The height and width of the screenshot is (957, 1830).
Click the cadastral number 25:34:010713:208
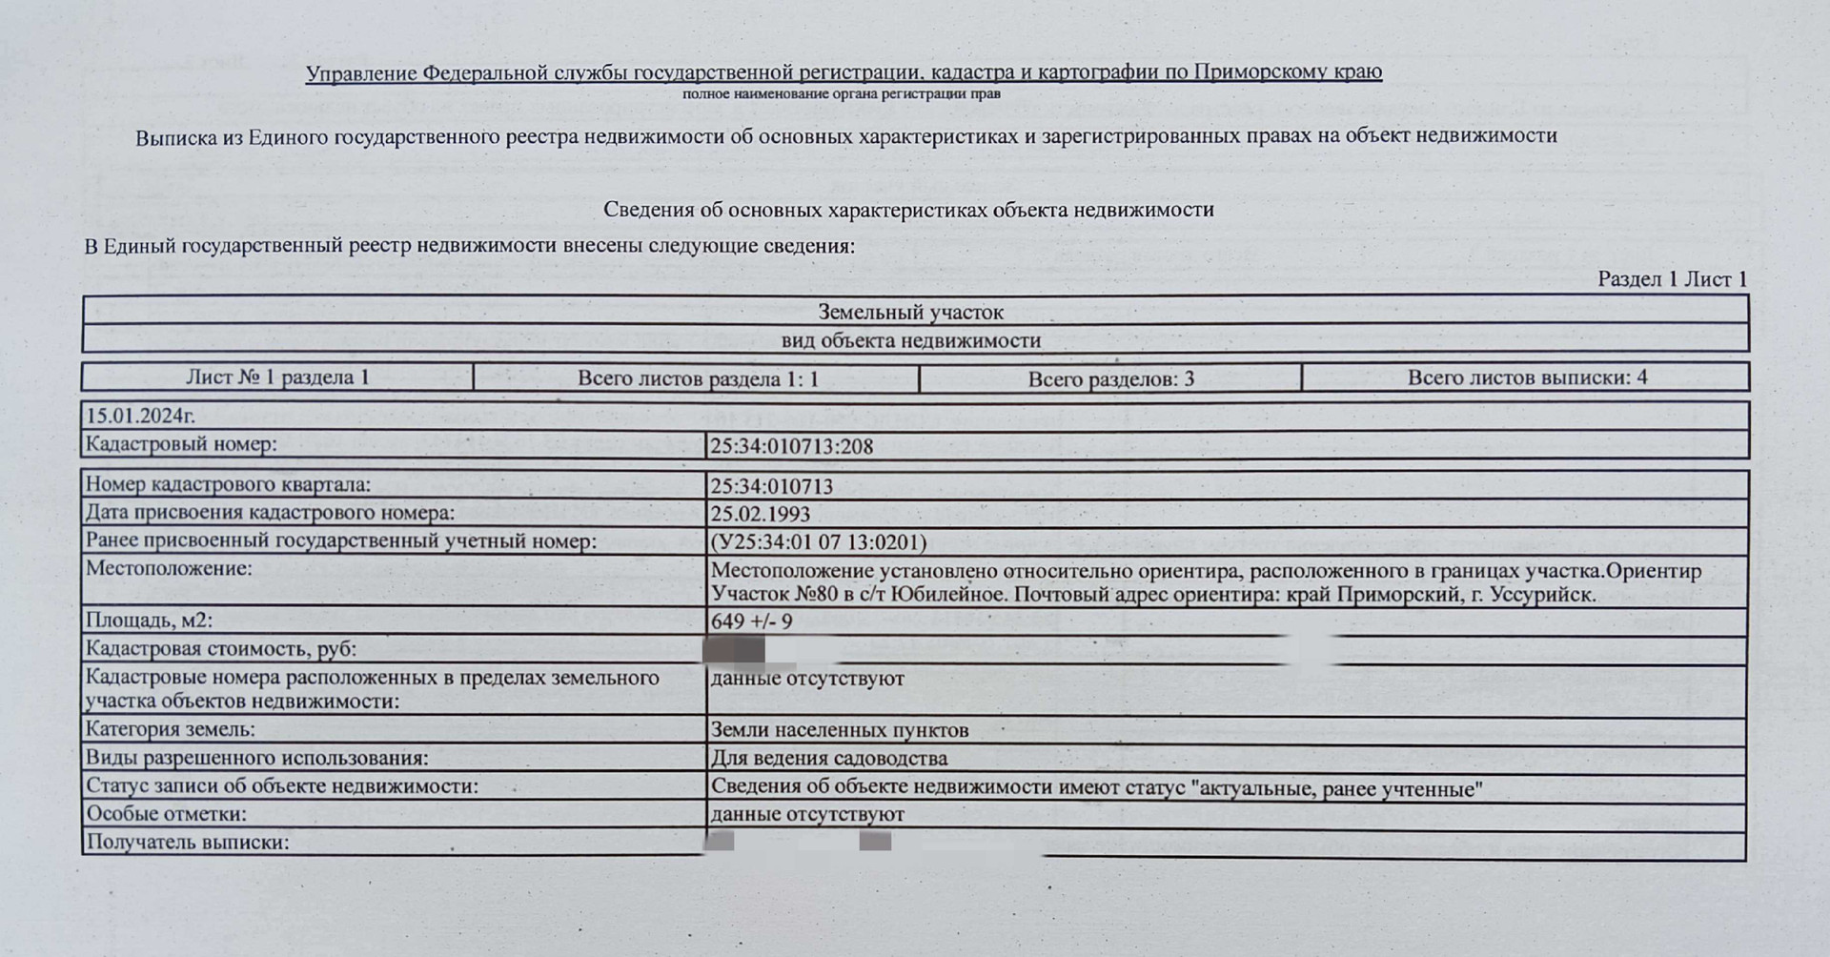(x=791, y=446)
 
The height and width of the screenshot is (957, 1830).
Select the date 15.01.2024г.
(x=141, y=416)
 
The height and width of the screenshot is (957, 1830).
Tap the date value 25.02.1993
(x=760, y=514)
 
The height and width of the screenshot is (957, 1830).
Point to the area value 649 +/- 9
(x=751, y=621)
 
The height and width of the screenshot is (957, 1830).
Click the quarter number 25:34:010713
(x=771, y=486)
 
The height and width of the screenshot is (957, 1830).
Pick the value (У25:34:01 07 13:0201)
(x=818, y=542)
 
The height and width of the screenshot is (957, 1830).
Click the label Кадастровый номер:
(x=181, y=444)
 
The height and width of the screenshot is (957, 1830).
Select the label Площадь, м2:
(x=149, y=621)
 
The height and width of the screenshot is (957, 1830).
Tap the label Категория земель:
(x=170, y=730)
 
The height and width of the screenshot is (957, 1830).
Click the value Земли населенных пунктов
(x=839, y=731)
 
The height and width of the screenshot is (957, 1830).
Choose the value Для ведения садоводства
(x=828, y=759)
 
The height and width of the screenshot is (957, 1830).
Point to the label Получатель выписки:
(x=187, y=843)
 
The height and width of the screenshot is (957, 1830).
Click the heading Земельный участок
(x=910, y=312)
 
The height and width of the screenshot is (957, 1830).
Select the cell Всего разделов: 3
(x=1110, y=378)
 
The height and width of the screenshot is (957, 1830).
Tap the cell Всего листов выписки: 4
(x=1527, y=377)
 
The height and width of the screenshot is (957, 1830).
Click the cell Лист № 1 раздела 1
(x=277, y=377)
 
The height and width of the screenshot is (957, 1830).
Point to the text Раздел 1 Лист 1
(x=1672, y=279)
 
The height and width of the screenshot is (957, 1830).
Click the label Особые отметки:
(x=166, y=814)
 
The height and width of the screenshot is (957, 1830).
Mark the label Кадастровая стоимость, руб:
(x=220, y=649)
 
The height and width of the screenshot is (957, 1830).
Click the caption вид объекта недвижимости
(x=910, y=340)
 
